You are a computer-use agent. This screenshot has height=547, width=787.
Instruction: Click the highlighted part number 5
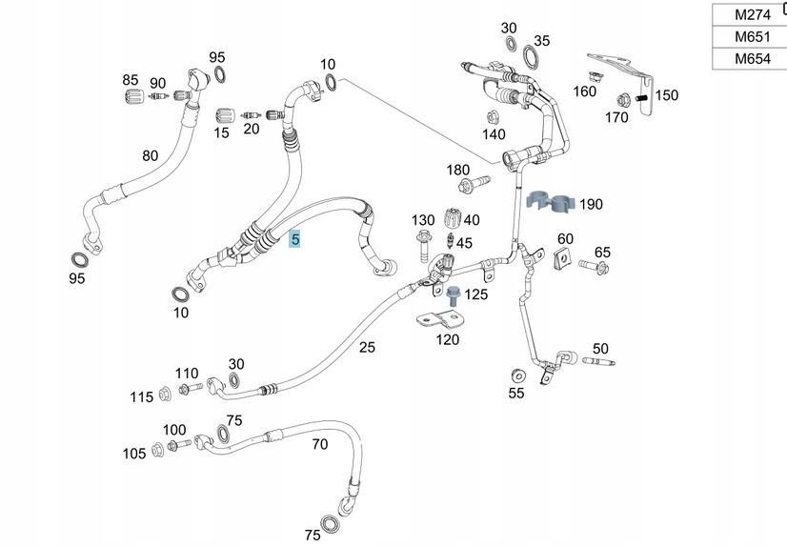(295, 239)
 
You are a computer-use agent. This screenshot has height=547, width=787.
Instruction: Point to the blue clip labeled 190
(550, 202)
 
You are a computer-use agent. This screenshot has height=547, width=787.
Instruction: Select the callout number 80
(151, 155)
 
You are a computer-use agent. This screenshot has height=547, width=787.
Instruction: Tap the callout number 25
(367, 348)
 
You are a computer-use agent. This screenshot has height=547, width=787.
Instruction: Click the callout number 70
(319, 443)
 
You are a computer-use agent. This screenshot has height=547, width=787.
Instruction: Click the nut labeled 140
(493, 117)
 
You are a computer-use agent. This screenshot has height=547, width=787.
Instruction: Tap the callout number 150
(667, 95)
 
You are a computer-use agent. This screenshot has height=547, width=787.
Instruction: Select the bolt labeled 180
(469, 184)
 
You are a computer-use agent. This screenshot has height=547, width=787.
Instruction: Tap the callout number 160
(584, 91)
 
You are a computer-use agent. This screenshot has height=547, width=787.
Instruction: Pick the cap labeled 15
(227, 115)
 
